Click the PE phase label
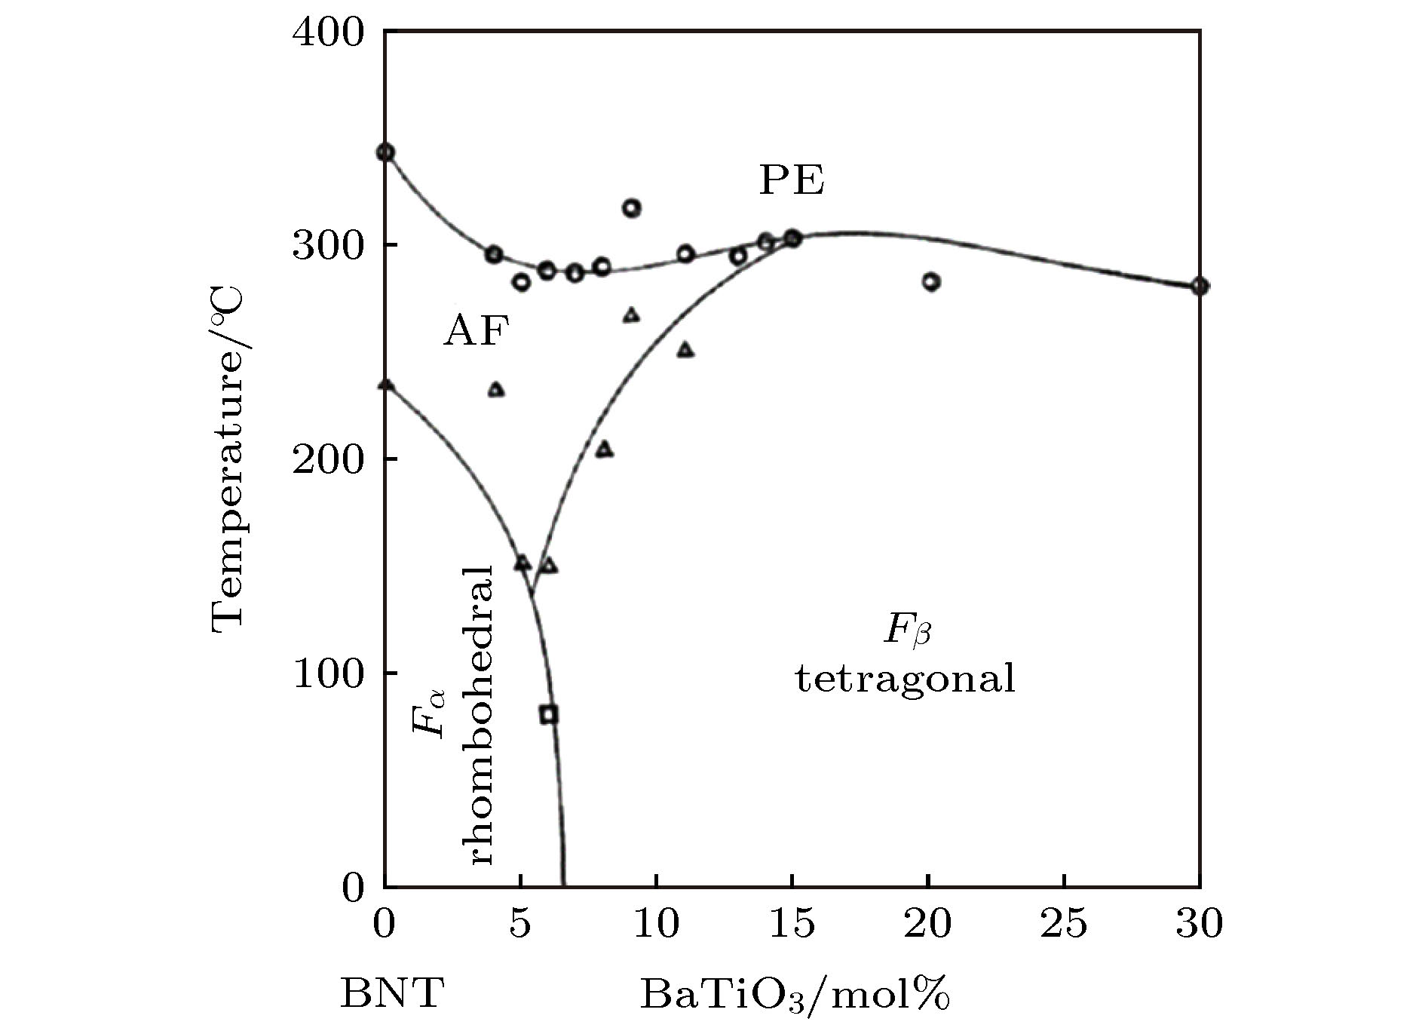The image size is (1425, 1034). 791,181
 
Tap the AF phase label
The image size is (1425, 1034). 476,331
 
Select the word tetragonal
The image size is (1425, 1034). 905,679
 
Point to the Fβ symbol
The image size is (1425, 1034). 907,631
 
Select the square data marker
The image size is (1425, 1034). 549,714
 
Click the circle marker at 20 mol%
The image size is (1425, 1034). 931,282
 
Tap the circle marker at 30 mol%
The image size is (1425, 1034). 1200,287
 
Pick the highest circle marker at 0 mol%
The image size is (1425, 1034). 385,153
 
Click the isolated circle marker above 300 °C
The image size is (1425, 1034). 632,208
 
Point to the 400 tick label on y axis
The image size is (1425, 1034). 328,34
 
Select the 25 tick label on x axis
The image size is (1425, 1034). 1063,925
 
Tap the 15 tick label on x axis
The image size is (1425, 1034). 792,925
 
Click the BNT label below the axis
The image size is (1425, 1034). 392,994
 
